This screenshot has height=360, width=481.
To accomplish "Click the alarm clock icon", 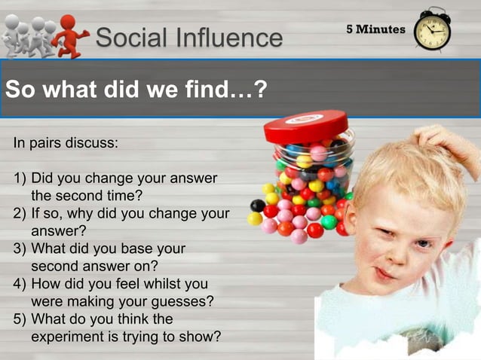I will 432,30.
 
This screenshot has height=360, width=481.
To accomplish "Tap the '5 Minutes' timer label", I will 375,29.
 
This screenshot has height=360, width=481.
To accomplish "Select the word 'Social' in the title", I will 128,37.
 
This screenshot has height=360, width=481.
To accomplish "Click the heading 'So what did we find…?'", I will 136,90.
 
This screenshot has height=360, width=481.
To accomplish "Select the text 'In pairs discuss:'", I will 65,142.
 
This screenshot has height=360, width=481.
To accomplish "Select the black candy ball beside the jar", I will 258,205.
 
